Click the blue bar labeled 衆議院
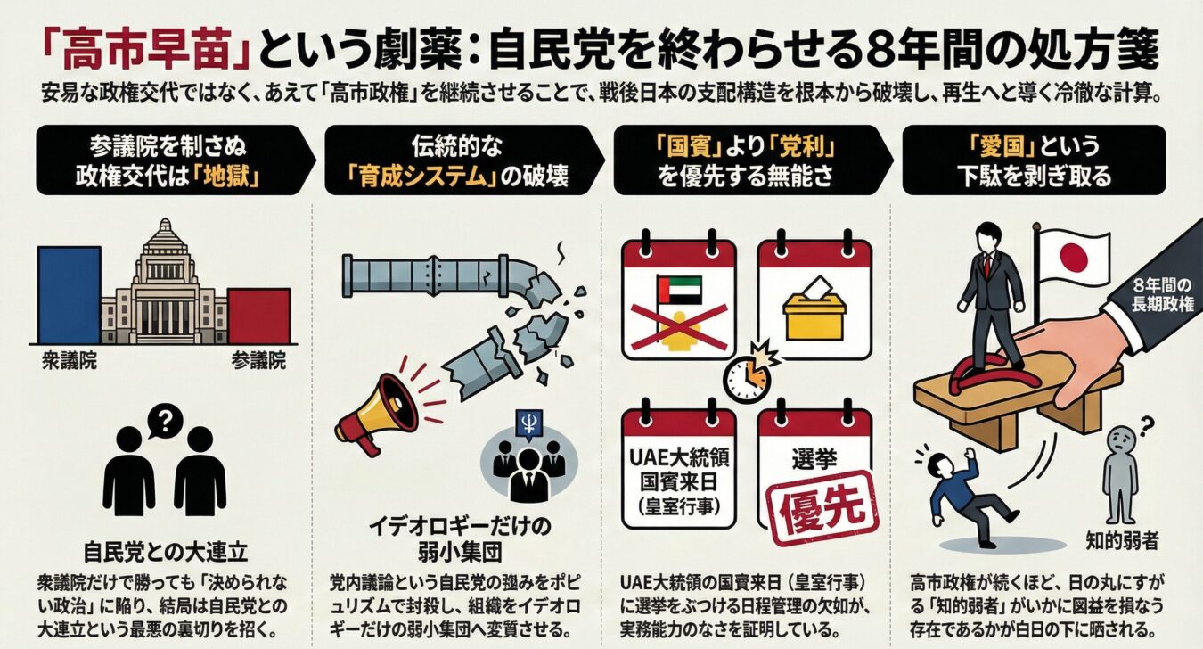(x=70, y=295)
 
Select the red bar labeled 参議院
(x=258, y=316)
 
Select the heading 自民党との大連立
(x=166, y=551)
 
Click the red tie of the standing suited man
(x=987, y=266)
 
